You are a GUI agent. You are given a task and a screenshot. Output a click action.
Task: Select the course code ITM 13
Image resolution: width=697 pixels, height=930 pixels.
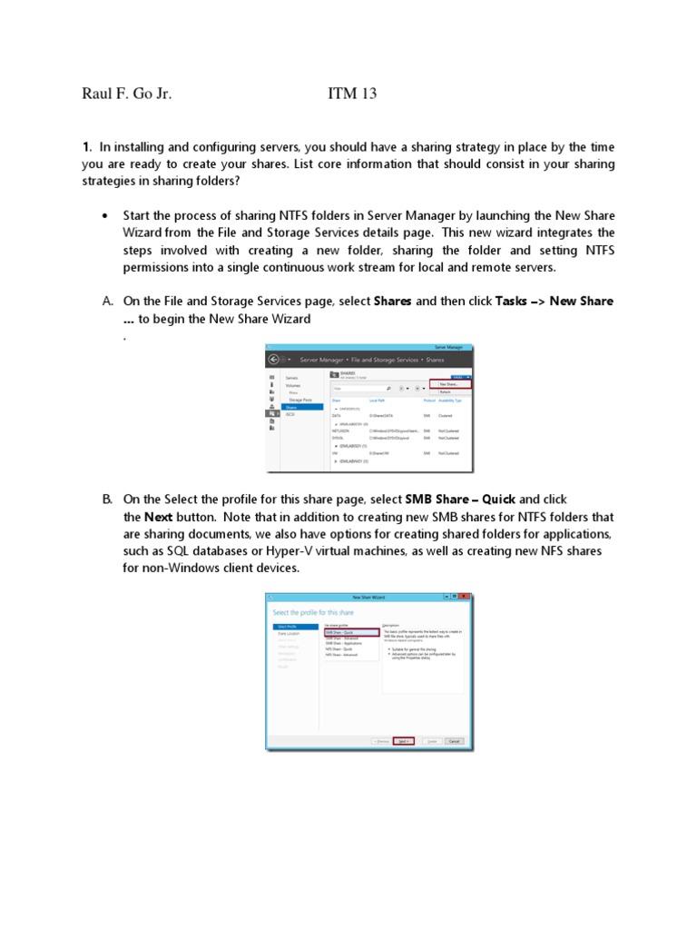[351, 94]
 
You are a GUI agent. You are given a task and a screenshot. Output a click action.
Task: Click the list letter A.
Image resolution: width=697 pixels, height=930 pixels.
[106, 301]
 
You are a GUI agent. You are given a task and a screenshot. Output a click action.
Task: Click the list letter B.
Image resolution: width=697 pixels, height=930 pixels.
[106, 499]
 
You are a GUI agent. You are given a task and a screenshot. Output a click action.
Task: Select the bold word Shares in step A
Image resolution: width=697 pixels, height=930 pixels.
[392, 301]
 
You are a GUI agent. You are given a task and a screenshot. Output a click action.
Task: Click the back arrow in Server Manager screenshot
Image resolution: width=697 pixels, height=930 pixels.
[273, 359]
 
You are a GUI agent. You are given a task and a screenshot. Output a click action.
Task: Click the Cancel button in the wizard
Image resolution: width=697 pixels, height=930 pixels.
[454, 741]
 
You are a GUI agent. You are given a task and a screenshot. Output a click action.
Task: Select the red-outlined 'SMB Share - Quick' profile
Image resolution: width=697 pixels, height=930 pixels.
[351, 632]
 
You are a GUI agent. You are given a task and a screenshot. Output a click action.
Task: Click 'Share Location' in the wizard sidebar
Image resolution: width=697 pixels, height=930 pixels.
[290, 633]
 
